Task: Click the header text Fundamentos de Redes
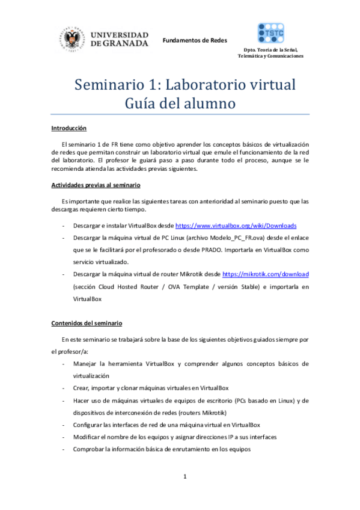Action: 195,40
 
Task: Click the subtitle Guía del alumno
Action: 180,103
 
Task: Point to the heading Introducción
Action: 69,128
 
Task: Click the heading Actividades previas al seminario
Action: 96,185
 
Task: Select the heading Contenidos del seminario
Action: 87,323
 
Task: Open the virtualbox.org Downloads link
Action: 236,226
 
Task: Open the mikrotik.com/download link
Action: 266,274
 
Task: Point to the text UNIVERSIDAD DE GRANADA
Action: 120,39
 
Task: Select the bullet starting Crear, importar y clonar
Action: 155,388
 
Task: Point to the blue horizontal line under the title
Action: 180,114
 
